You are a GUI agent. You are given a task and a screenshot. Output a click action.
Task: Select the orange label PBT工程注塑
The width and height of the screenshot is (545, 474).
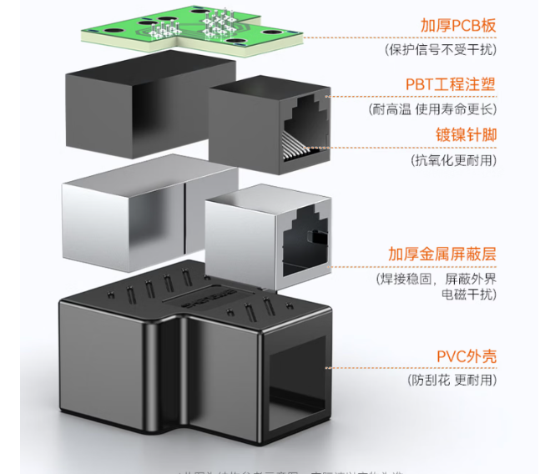[x=451, y=84]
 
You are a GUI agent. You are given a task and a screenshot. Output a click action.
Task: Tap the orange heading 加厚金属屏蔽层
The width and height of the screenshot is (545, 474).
[x=442, y=253]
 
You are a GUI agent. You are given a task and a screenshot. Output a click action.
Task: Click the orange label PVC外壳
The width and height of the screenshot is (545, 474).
[x=466, y=356]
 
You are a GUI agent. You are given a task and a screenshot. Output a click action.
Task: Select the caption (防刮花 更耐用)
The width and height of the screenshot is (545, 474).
[x=452, y=380]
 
